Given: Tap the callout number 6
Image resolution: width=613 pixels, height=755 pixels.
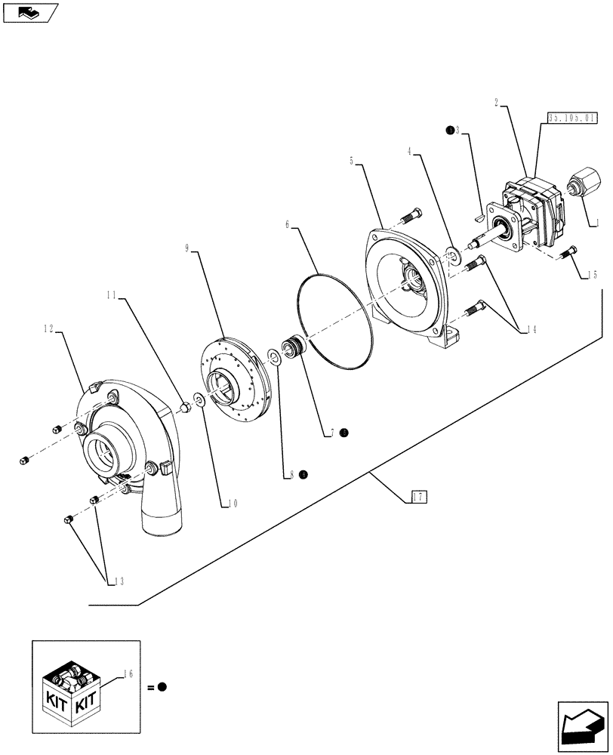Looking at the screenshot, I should pyautogui.click(x=288, y=224).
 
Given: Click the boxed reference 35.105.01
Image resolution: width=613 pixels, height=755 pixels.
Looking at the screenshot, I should pyautogui.click(x=571, y=118).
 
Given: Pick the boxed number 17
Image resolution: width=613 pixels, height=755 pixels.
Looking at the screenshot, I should pyautogui.click(x=419, y=496).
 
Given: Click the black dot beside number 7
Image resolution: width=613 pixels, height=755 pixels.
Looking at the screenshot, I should pyautogui.click(x=343, y=433).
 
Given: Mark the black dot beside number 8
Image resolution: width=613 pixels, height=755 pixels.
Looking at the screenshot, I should pyautogui.click(x=303, y=474).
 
